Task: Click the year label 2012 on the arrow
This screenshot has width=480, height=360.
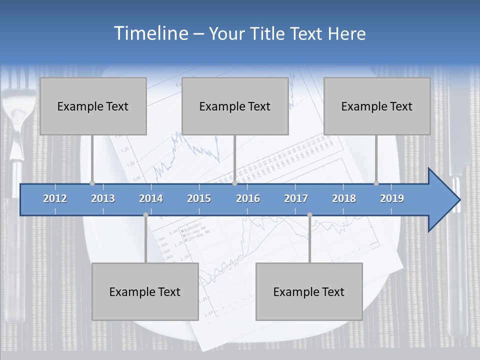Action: (55, 198)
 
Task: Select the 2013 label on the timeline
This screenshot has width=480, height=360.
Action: (103, 198)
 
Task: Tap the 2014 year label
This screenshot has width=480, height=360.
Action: (151, 198)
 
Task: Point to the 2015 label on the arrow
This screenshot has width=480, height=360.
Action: (199, 198)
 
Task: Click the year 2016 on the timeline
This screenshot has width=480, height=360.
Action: (248, 198)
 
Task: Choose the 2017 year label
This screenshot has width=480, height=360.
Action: (296, 198)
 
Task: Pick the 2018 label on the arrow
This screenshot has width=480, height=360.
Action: (344, 198)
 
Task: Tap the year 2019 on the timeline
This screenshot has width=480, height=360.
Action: (392, 198)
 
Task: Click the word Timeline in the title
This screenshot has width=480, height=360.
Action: (150, 33)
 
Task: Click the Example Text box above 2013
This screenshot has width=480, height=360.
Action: (93, 106)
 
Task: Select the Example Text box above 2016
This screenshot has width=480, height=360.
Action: (235, 106)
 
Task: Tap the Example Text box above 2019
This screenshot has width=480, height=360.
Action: (377, 106)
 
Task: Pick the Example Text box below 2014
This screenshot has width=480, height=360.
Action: (145, 291)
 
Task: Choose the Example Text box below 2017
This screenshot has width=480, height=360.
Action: (309, 291)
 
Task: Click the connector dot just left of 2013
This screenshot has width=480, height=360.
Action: (92, 183)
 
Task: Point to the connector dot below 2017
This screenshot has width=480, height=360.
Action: (309, 215)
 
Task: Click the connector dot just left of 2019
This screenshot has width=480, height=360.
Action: (376, 183)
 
